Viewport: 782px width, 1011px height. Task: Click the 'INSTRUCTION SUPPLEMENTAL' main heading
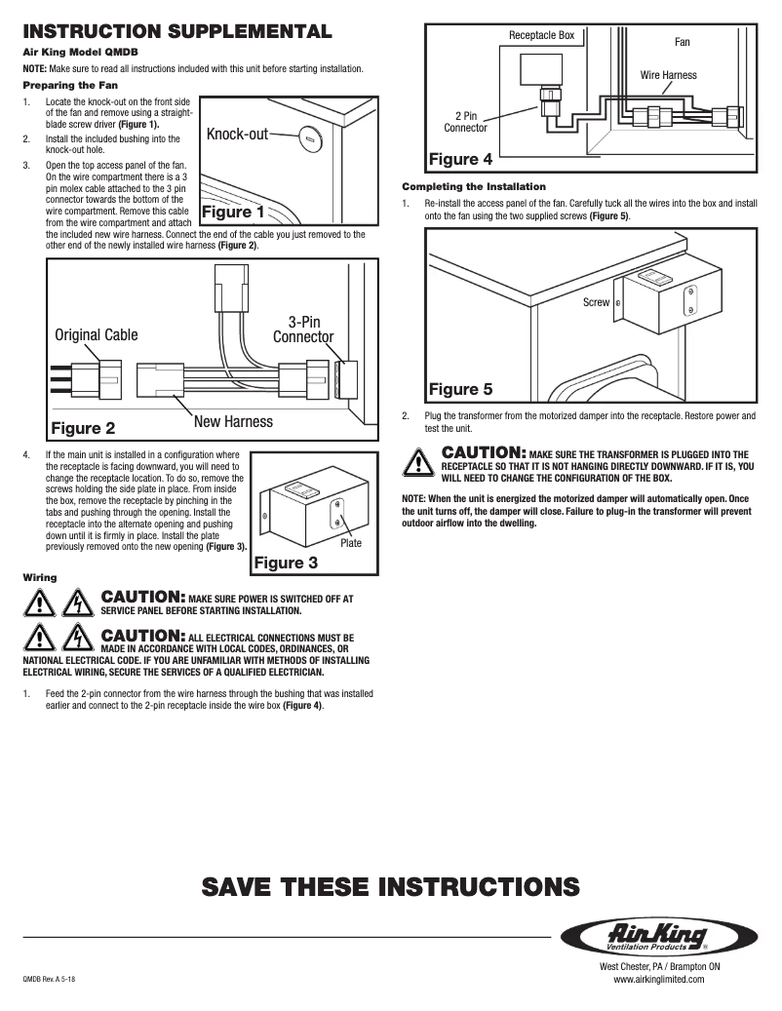[x=178, y=31]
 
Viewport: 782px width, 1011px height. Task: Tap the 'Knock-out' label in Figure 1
[x=237, y=134]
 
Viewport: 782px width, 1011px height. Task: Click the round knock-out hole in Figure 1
[x=311, y=138]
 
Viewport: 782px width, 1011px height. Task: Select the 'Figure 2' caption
[x=83, y=427]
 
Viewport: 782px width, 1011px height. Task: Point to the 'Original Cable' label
[x=97, y=334]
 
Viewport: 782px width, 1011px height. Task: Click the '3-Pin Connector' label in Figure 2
[x=303, y=330]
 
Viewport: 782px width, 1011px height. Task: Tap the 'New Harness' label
[x=233, y=421]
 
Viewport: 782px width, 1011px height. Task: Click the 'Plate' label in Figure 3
[x=351, y=543]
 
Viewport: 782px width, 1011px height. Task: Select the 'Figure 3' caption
[x=286, y=563]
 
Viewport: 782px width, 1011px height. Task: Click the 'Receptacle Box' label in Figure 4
[x=542, y=36]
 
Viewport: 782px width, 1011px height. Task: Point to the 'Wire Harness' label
[x=668, y=75]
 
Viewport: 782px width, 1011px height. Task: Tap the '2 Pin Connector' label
[x=465, y=121]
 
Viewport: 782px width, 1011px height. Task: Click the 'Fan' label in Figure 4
[x=683, y=43]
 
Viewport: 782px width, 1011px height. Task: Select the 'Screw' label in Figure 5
[x=596, y=302]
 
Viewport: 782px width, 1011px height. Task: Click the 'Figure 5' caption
[x=461, y=390]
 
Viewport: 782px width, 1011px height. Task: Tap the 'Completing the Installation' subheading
[x=474, y=186]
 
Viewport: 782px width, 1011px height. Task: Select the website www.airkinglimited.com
[x=658, y=979]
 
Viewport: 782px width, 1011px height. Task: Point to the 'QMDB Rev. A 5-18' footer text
[x=49, y=979]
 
